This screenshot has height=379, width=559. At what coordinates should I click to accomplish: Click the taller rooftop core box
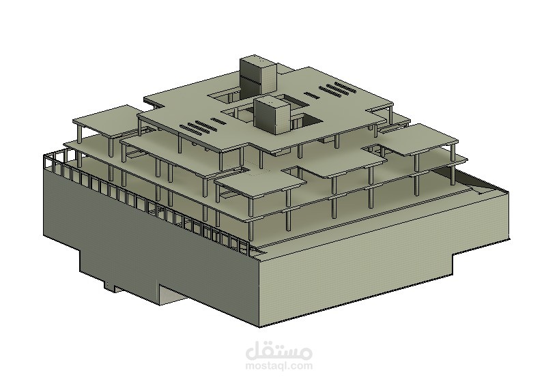tap(257, 76)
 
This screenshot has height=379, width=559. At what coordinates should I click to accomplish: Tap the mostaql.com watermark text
tap(279, 365)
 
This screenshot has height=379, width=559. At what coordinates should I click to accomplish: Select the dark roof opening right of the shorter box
tap(306, 119)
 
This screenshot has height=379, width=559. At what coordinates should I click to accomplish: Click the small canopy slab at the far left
tap(106, 121)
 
